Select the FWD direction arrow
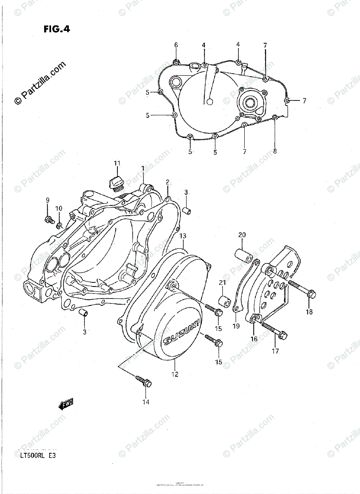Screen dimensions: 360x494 pyautogui.click(x=65, y=405)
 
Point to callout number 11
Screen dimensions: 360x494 pyautogui.click(x=117, y=164)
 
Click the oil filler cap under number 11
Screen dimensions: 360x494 pyautogui.click(x=116, y=183)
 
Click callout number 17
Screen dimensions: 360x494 pyautogui.click(x=275, y=351)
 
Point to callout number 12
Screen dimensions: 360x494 pyautogui.click(x=175, y=374)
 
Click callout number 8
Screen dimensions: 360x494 pyautogui.click(x=275, y=151)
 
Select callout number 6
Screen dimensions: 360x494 pyautogui.click(x=176, y=44)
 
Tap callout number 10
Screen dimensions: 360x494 pyautogui.click(x=59, y=208)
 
